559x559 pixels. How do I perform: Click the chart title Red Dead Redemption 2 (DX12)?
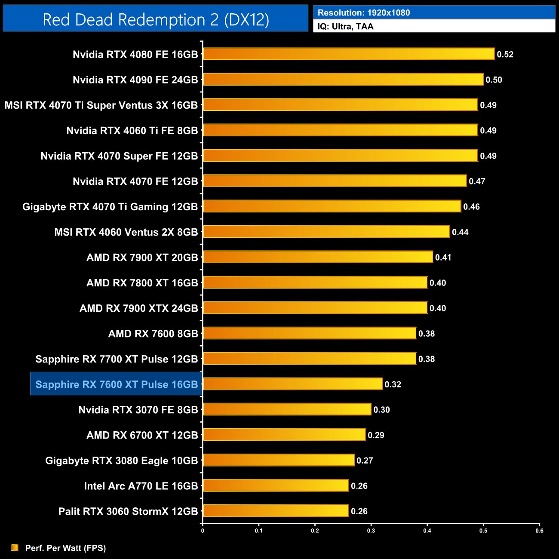pyautogui.click(x=156, y=19)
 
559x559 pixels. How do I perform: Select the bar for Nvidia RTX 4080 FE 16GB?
pyautogui.click(x=348, y=54)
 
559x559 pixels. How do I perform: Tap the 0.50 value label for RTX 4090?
pyautogui.click(x=494, y=80)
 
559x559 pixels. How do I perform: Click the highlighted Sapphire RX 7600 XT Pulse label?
pyautogui.click(x=117, y=384)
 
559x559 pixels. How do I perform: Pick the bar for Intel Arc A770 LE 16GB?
pyautogui.click(x=275, y=485)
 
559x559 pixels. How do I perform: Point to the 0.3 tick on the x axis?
pyautogui.click(x=371, y=531)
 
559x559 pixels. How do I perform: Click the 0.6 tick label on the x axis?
pyautogui.click(x=539, y=531)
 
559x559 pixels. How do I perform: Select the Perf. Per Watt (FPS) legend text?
pyautogui.click(x=65, y=548)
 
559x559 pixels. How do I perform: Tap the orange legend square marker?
pyautogui.click(x=15, y=547)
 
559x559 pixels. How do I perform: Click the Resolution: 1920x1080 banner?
pyautogui.click(x=434, y=12)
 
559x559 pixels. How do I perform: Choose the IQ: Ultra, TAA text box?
pyautogui.click(x=434, y=26)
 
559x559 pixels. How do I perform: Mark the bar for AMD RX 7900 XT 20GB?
pyautogui.click(x=318, y=257)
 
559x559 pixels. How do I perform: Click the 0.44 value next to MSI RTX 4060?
pyautogui.click(x=460, y=232)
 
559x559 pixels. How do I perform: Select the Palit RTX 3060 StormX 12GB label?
pyautogui.click(x=128, y=511)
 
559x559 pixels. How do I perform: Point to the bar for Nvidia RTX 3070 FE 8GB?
pyautogui.click(x=287, y=409)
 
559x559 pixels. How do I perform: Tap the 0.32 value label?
pyautogui.click(x=393, y=384)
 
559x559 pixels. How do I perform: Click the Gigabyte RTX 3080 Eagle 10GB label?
pyautogui.click(x=122, y=461)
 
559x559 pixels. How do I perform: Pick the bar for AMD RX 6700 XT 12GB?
pyautogui.click(x=284, y=435)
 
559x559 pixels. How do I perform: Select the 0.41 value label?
pyautogui.click(x=443, y=258)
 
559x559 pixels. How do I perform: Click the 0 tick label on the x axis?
pyautogui.click(x=203, y=531)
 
